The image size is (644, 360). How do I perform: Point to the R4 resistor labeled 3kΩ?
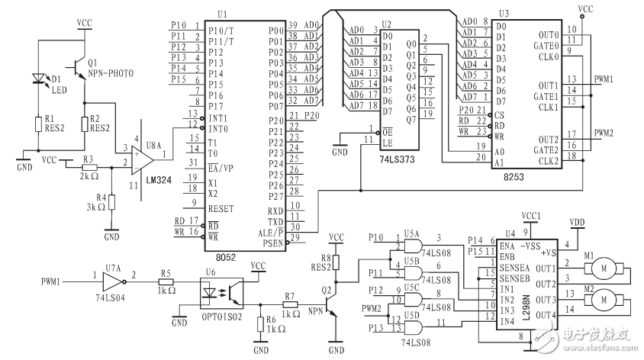(x=111, y=202)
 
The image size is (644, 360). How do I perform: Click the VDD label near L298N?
(x=577, y=222)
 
